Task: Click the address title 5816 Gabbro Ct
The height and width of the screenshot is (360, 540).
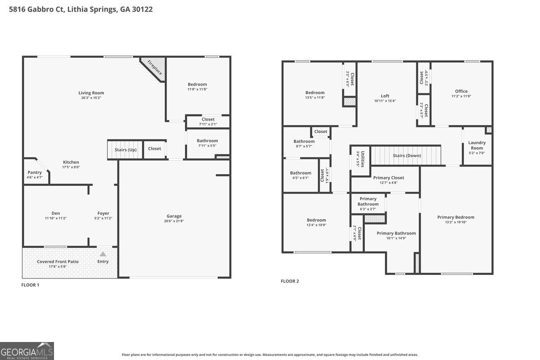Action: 81,9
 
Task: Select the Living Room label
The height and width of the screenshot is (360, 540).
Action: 91,93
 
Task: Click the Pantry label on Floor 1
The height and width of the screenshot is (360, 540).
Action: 35,172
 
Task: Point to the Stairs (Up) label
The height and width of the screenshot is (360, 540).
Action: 126,149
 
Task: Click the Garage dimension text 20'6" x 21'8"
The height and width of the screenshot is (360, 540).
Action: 174,221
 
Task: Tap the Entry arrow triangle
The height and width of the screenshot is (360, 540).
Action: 103,254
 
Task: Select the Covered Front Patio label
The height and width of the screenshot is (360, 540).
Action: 58,261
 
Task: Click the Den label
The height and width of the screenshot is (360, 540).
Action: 56,213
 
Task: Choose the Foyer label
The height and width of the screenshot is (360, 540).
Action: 103,213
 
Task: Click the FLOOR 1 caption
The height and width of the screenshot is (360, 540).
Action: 31,285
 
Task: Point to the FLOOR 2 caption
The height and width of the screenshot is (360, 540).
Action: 290,281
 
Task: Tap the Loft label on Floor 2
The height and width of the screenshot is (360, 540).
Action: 385,96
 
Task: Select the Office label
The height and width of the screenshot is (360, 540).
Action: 461,91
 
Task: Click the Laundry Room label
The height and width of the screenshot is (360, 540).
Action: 477,145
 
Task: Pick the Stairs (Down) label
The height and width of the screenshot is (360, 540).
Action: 407,156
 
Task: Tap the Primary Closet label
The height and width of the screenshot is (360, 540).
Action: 389,178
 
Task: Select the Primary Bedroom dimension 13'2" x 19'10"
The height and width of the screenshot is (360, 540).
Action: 456,222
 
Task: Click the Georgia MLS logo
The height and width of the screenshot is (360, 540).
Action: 27,351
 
